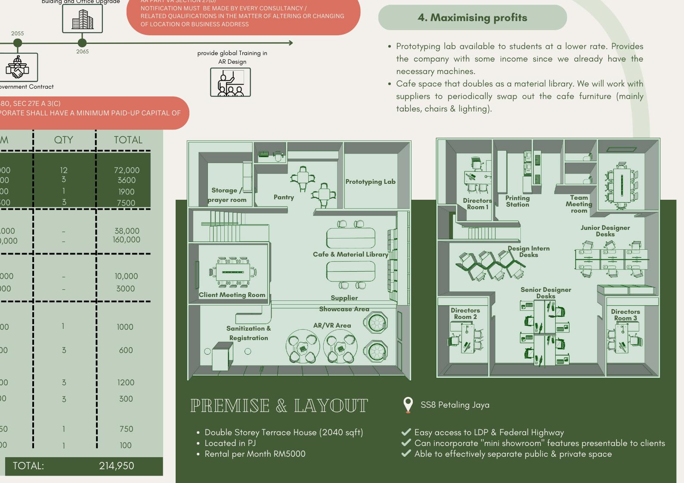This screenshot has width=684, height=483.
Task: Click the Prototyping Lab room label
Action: (370, 182)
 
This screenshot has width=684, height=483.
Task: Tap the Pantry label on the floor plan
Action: (284, 197)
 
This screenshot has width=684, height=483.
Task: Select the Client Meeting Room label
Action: (232, 295)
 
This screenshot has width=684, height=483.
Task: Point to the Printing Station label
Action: (517, 201)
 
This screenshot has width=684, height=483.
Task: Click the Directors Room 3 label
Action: (625, 315)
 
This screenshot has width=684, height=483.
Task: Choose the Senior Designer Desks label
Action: (545, 293)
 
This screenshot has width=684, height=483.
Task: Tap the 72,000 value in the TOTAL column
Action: (127, 170)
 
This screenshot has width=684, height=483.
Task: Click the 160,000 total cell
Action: (127, 240)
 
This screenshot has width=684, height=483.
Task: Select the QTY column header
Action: (64, 140)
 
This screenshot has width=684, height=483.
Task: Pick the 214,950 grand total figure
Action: (116, 466)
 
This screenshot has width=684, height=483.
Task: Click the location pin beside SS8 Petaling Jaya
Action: (408, 405)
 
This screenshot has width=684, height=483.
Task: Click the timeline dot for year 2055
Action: (18, 43)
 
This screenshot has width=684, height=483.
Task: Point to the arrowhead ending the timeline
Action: (291, 43)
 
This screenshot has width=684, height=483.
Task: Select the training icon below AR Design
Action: (230, 82)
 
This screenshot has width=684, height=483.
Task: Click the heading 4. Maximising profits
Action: (472, 18)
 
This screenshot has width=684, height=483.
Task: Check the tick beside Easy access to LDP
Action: (405, 432)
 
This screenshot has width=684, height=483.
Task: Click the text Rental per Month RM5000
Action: (255, 454)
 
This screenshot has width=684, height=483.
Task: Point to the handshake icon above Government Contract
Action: (18, 68)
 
